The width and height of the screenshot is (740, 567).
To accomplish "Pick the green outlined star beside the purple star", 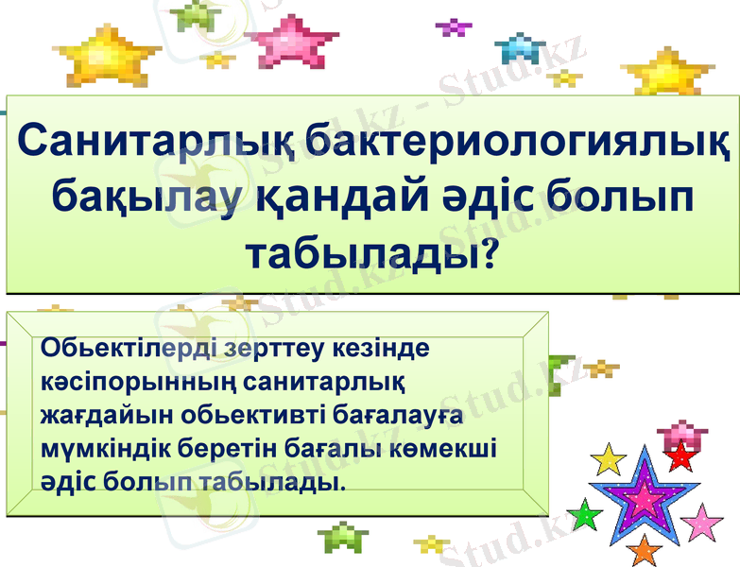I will point(586,515).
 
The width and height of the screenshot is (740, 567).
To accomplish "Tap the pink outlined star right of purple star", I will point(701,521).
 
